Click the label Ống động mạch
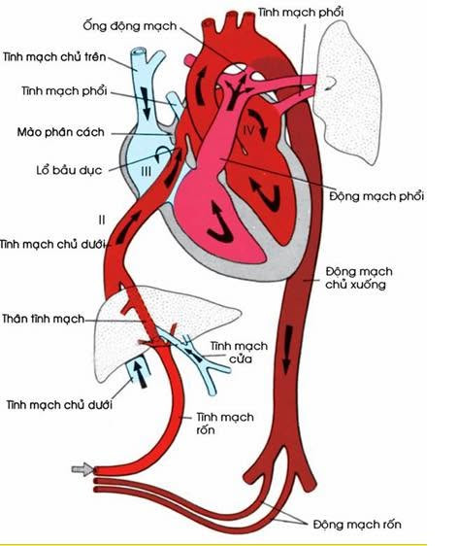click(130, 26)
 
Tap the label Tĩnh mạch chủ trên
click(54, 56)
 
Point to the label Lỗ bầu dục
click(69, 170)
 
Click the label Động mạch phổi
click(376, 195)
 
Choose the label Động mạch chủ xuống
click(359, 278)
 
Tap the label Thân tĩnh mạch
click(43, 319)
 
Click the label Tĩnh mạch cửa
click(239, 352)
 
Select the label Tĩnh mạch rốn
click(225, 423)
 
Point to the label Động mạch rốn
click(357, 525)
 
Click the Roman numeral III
click(147, 171)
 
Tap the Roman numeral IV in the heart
click(249, 130)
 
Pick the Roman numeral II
click(102, 220)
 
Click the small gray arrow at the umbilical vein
click(82, 470)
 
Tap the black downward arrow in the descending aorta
click(287, 351)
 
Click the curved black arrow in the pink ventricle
click(218, 227)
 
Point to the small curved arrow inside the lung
click(332, 83)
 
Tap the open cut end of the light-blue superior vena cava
click(139, 52)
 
